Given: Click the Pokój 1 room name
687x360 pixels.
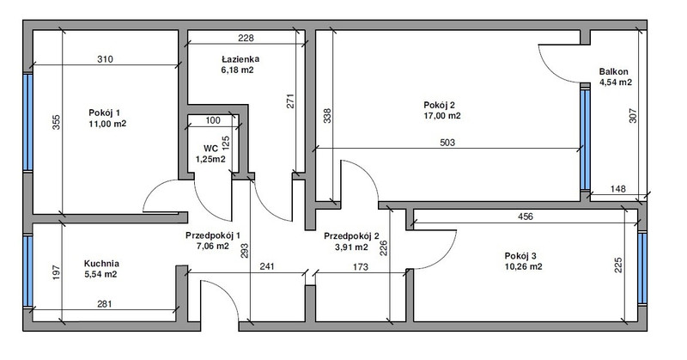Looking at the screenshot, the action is (104, 113).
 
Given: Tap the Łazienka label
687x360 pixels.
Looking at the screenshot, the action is (240, 58).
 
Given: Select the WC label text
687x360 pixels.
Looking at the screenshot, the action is (210, 149).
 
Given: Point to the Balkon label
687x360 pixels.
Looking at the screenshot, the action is (614, 71).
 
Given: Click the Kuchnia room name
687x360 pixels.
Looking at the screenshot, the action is (101, 264).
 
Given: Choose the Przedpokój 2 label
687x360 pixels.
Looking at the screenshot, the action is (351, 236).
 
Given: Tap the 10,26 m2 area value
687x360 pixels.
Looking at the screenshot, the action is (523, 266).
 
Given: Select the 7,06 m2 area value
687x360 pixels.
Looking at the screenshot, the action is (212, 246).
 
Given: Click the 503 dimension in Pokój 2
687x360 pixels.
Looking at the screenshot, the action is (447, 143).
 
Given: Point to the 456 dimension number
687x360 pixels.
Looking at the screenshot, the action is (526, 217).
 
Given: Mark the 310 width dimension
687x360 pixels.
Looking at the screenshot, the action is (105, 59).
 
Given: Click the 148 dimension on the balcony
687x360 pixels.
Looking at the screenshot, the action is (617, 189).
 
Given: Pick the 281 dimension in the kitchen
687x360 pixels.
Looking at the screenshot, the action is (104, 304).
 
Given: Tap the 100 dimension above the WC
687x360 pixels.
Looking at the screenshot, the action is (213, 120).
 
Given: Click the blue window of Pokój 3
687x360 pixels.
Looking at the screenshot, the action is (642, 268).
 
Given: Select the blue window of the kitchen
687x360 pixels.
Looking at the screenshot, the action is (28, 271).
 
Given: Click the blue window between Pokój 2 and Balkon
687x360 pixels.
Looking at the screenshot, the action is (585, 139).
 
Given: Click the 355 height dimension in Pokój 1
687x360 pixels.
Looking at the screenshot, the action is (56, 122).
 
